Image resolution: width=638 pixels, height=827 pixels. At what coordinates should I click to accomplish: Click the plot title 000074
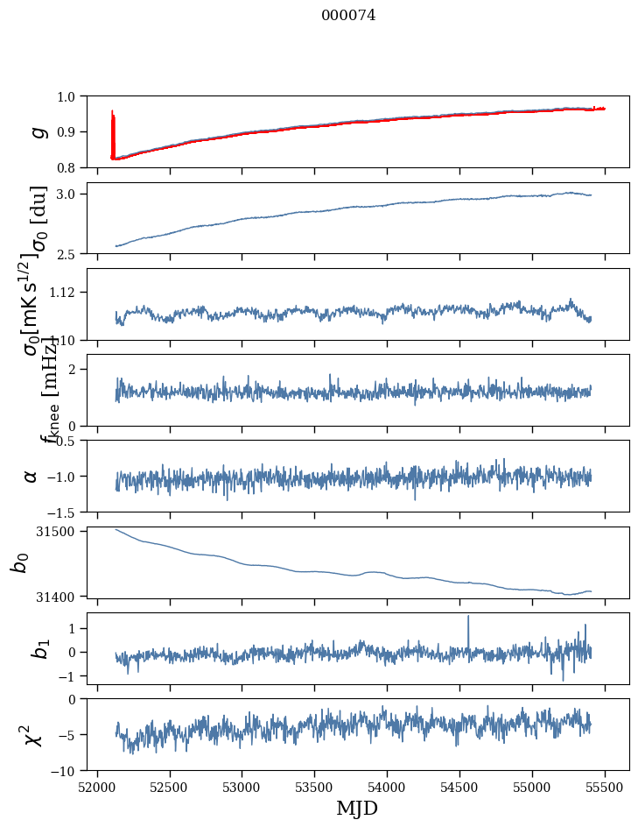[x=348, y=15]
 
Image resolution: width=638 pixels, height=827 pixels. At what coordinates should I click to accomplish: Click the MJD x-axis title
[x=357, y=808]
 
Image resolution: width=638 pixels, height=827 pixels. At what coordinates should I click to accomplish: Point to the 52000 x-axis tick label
[x=97, y=787]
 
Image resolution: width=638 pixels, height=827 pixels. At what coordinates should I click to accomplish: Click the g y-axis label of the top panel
[x=37, y=131]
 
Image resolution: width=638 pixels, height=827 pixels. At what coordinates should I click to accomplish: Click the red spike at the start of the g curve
[x=113, y=123]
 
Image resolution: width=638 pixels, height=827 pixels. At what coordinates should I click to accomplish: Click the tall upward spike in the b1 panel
[x=468, y=618]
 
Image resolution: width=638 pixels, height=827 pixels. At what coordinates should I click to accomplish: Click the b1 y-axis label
[x=37, y=649]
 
